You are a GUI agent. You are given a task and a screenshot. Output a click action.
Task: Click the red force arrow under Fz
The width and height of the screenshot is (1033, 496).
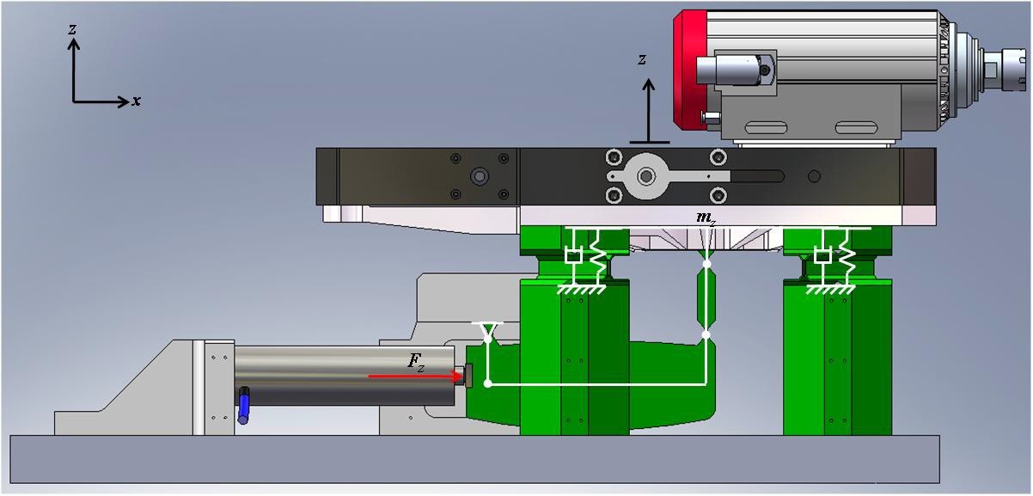point(415,377)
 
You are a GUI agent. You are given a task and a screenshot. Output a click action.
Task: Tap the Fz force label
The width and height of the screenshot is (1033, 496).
point(416,362)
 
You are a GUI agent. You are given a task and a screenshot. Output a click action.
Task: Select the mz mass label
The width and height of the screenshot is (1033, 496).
point(706,218)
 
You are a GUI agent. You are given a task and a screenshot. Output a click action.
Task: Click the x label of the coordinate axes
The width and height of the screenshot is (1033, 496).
point(136,101)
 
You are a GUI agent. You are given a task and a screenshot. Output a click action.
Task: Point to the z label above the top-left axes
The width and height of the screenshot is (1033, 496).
point(72,29)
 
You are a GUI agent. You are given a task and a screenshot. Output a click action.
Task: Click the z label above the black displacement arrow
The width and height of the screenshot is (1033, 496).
point(642,59)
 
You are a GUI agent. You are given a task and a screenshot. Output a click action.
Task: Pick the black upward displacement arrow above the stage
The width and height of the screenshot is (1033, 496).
point(650,111)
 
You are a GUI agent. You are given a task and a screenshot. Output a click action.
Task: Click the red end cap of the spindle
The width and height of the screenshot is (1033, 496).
point(690,70)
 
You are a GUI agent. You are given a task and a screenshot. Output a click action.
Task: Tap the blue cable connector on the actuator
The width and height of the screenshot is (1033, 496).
point(243,405)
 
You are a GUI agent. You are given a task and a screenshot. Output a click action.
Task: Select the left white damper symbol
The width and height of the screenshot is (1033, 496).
point(573,256)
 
